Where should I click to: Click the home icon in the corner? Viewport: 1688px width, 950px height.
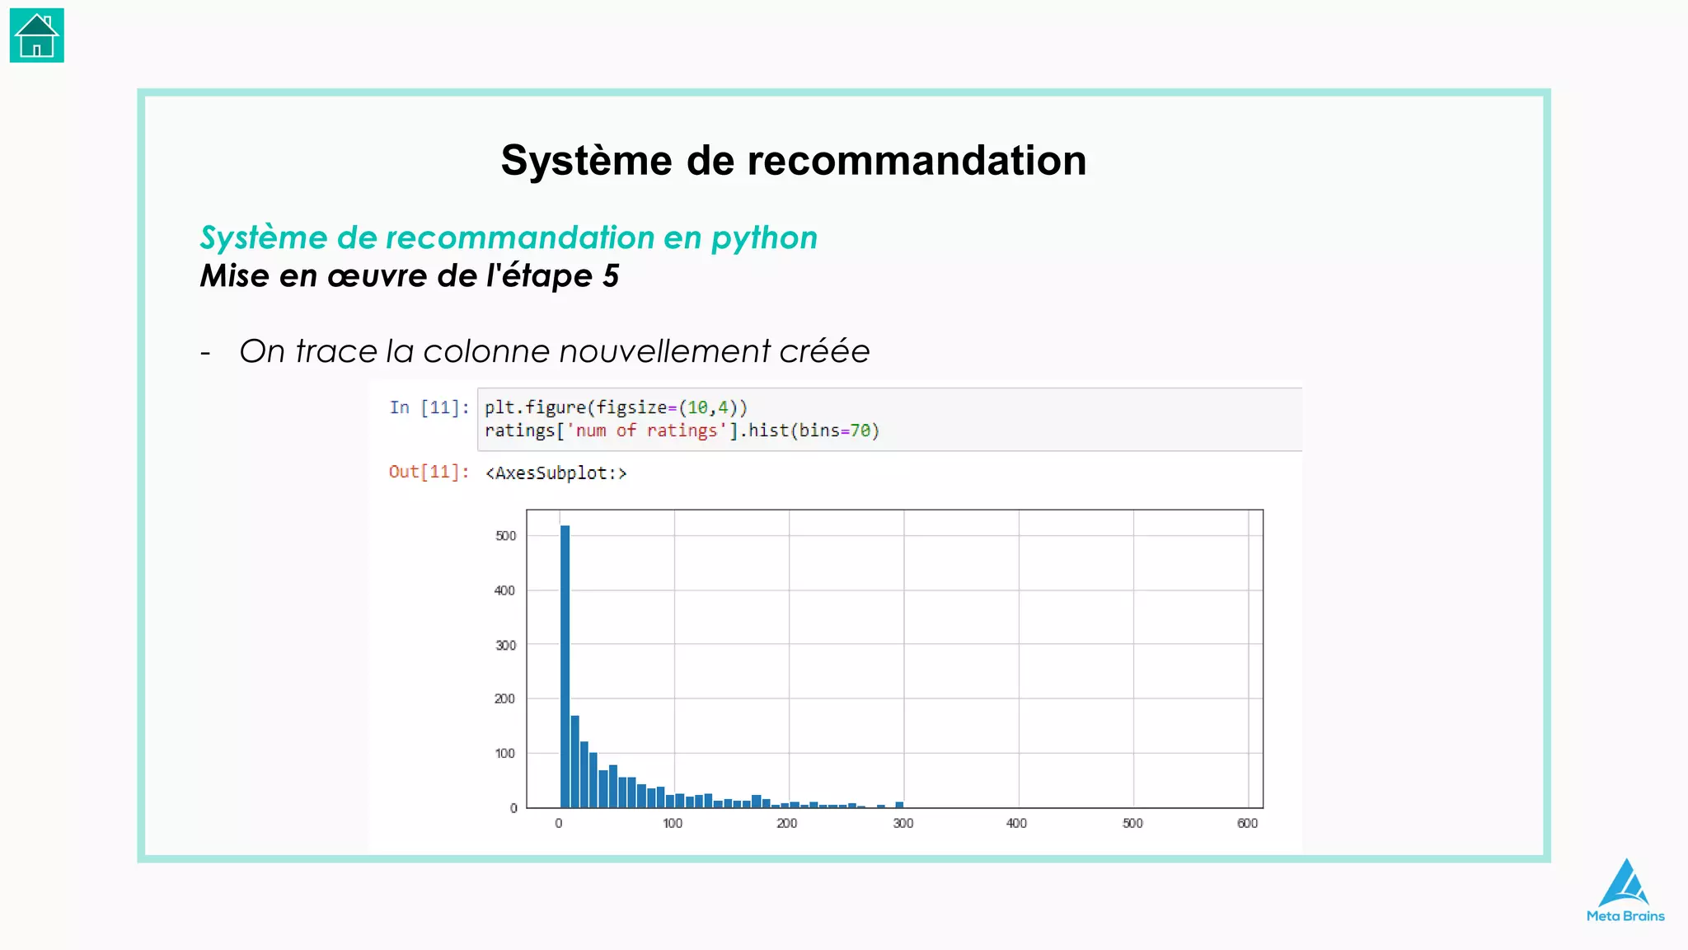tap(37, 35)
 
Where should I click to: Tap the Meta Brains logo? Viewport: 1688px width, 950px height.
tap(1625, 891)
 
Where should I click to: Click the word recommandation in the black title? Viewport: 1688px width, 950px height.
tap(917, 160)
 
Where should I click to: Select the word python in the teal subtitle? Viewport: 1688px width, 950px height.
tap(764, 237)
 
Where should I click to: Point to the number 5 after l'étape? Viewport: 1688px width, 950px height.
tap(611, 275)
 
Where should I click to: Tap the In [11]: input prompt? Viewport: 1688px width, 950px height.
tap(429, 407)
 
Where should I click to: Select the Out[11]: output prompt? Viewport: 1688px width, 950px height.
tap(429, 472)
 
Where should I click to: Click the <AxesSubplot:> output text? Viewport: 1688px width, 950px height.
tap(556, 473)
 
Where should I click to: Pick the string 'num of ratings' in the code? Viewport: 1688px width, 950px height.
tap(646, 430)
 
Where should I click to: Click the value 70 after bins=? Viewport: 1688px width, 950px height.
tap(860, 430)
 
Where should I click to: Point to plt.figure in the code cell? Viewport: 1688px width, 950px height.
tap(535, 407)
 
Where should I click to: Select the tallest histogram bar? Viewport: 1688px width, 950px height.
tap(565, 666)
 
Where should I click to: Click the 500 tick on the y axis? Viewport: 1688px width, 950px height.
tap(505, 536)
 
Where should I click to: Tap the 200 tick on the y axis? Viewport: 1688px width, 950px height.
tap(504, 698)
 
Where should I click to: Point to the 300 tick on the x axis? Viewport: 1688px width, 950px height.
tap(903, 823)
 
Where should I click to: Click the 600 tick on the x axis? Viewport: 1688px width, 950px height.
tap(1247, 823)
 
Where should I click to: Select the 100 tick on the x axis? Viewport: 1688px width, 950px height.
tap(673, 823)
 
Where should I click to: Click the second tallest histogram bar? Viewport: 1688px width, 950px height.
tap(575, 761)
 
